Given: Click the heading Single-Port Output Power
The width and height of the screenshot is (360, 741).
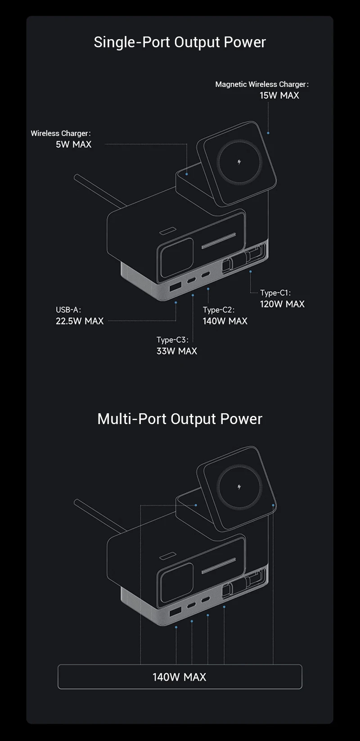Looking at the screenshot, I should [180, 42].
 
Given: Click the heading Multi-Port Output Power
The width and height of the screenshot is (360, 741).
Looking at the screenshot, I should [180, 419].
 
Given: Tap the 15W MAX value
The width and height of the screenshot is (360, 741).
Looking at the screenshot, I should [279, 95].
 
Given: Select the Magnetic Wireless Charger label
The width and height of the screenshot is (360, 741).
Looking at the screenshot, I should [261, 84].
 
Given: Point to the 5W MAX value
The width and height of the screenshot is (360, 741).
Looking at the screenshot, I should [73, 145].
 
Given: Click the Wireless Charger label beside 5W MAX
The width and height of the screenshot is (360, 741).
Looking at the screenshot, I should [60, 133].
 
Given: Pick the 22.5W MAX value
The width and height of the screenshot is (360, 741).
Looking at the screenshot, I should [80, 321].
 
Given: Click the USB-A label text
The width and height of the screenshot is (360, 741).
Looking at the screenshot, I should [68, 310].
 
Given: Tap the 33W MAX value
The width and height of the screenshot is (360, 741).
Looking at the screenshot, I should [177, 351].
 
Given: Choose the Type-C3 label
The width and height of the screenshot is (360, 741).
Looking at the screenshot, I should [172, 340].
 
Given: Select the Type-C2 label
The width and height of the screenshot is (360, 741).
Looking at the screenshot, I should [218, 310].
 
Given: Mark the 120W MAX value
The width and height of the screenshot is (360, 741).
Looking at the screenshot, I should [282, 304].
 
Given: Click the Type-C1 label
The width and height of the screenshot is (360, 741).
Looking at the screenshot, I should [275, 293].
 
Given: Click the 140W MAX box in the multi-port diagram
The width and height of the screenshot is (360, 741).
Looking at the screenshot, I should [180, 677].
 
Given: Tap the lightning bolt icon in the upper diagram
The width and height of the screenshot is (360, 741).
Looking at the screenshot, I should [239, 162].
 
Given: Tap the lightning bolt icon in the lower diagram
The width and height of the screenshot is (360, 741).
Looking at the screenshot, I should [239, 487].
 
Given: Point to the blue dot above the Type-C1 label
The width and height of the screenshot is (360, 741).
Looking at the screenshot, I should [251, 271].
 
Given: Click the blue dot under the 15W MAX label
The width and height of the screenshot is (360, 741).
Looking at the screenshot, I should [268, 133].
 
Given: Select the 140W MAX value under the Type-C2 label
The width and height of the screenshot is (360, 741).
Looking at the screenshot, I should [225, 321].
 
